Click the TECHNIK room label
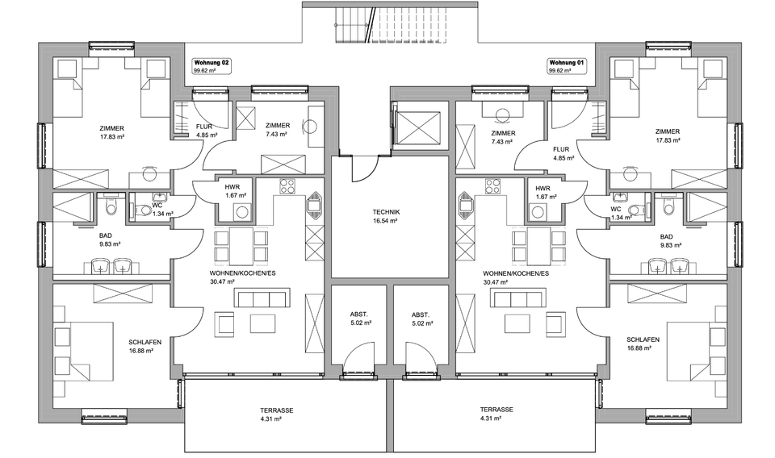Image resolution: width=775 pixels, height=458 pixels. click(387, 212)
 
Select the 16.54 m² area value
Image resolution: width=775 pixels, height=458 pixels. click(387, 221)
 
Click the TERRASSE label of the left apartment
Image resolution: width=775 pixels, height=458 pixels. click(276, 410)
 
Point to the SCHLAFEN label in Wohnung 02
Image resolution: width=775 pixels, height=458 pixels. click(145, 342)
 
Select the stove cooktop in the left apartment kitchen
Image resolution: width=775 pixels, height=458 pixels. click(287, 186)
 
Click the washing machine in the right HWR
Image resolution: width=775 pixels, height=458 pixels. click(538, 212)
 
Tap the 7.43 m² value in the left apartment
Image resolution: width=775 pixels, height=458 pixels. click(278, 135)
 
